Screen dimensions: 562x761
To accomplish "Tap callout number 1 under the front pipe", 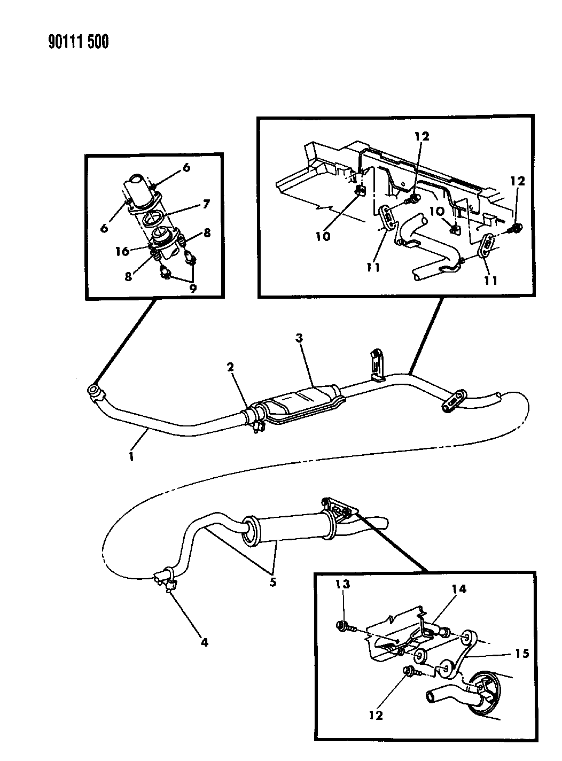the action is (x=131, y=457).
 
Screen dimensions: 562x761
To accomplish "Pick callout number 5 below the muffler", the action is (x=273, y=583).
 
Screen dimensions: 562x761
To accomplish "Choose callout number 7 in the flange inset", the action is (x=206, y=204).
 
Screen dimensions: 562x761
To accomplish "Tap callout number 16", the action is (x=122, y=251).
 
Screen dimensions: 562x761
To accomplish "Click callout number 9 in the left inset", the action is (x=193, y=289).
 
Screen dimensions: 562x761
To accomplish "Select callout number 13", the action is (x=342, y=584).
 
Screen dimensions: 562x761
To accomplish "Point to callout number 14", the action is (x=459, y=589).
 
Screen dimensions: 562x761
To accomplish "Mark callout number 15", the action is (x=522, y=654).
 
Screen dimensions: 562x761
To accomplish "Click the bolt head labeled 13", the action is (x=340, y=625).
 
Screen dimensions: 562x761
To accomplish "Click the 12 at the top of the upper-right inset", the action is (x=422, y=137).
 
